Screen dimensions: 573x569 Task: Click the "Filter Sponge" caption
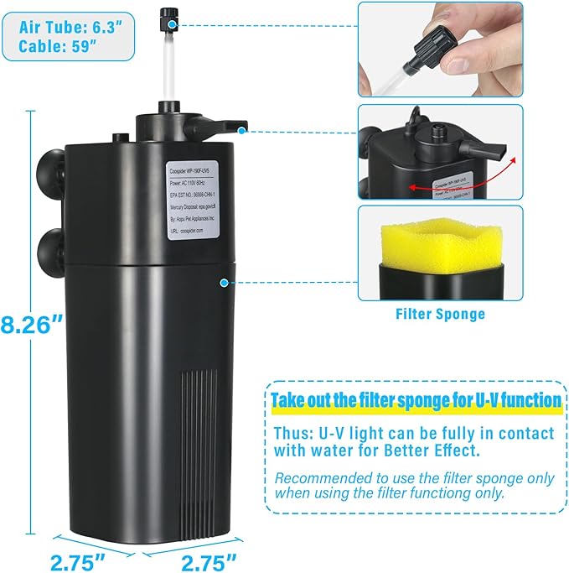440,315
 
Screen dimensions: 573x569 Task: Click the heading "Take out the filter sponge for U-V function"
416,400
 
